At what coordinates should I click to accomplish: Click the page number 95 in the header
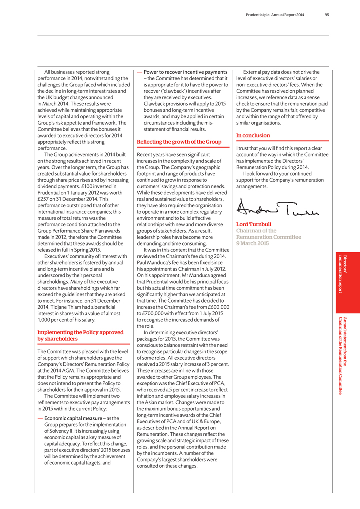326,15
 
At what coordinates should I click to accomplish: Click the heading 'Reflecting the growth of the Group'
179,142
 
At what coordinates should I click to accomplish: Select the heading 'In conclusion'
253,135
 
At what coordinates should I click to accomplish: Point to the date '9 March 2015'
252,243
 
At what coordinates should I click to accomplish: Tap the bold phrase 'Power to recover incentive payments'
186,72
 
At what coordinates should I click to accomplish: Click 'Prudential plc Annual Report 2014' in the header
275,15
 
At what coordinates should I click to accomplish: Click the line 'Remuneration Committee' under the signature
269,237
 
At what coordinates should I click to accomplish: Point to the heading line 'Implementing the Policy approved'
80,332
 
